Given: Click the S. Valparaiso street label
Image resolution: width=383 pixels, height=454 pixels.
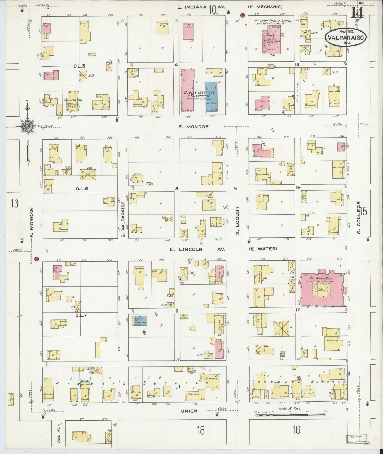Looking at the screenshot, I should pyautogui.click(x=123, y=220).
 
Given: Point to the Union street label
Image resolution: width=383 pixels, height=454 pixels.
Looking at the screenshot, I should pyautogui.click(x=189, y=411).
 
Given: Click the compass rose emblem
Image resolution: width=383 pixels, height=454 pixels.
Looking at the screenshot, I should pyautogui.click(x=27, y=126).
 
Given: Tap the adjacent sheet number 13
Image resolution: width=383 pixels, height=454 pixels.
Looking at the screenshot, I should pyautogui.click(x=14, y=204).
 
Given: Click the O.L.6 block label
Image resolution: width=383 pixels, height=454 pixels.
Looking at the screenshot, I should pyautogui.click(x=82, y=189).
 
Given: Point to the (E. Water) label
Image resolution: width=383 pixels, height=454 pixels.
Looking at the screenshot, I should pyautogui.click(x=263, y=249).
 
